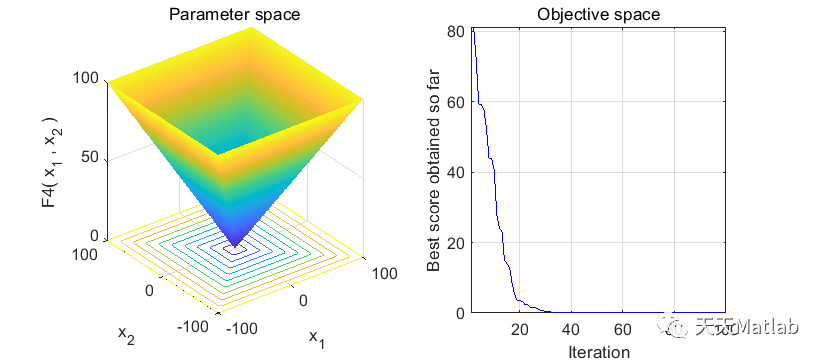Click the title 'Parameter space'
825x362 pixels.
click(x=236, y=14)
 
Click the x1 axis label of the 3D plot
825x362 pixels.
click(x=317, y=337)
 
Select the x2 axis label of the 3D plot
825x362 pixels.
click(x=126, y=335)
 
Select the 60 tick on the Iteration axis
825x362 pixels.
click(x=622, y=329)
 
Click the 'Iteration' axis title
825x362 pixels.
click(x=598, y=351)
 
